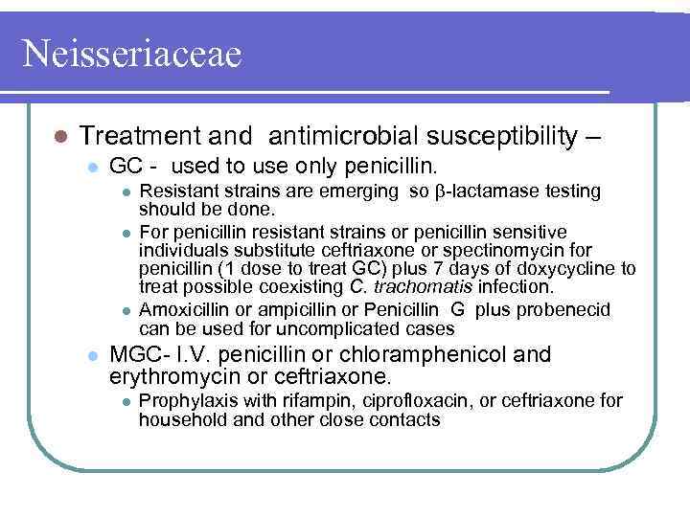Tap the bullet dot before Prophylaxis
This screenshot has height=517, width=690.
[126, 400]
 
